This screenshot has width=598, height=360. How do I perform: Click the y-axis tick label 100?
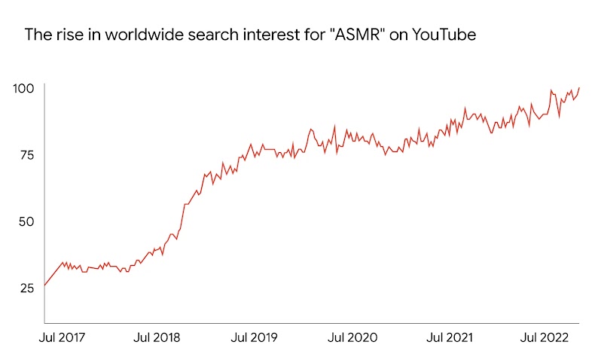[24, 89]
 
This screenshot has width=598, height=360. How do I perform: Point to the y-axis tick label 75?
[26, 155]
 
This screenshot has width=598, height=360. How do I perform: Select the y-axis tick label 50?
[26, 221]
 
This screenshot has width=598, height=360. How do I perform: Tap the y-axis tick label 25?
[26, 288]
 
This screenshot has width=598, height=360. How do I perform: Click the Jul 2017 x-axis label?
[63, 337]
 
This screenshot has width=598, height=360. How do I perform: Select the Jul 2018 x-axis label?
[157, 337]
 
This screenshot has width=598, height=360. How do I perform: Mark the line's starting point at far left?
[44, 285]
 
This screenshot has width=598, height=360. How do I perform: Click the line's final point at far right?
[579, 87]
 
